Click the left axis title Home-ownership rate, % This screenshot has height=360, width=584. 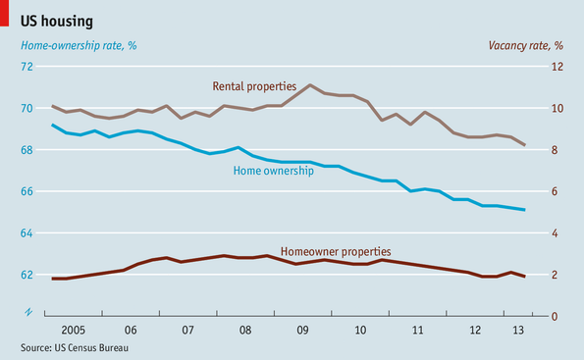[x=73, y=46]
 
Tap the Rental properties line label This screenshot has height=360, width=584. [x=253, y=87]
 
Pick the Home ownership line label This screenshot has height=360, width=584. [x=273, y=171]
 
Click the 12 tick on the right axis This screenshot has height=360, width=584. [x=557, y=67]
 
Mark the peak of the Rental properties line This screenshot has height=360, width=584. [x=309, y=85]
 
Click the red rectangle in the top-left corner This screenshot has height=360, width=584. [x=5, y=14]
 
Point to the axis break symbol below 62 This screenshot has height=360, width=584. [x=28, y=312]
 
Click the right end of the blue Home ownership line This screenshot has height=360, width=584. [x=524, y=210]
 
